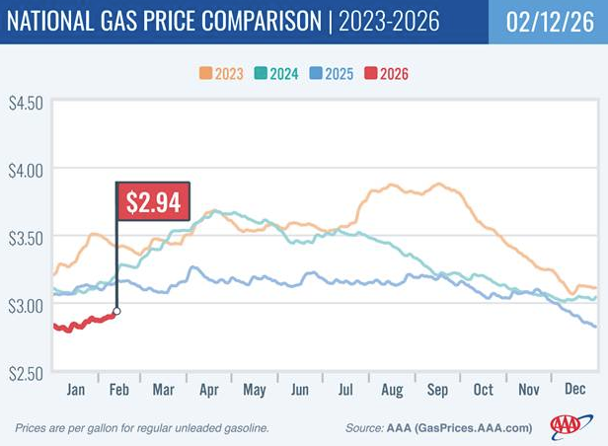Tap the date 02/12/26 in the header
(547, 22)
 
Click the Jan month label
(74, 389)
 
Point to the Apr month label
(209, 389)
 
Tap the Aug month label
(392, 389)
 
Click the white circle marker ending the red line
(116, 312)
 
